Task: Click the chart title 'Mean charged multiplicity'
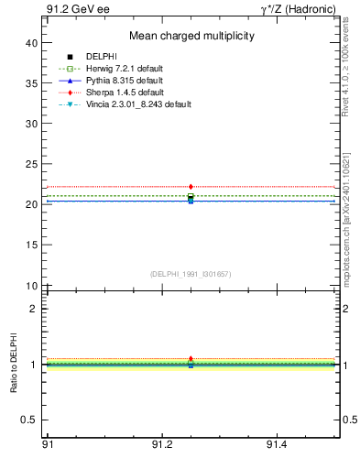pos(191,36)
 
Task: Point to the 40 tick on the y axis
pos(32,43)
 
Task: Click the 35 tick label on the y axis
pos(32,83)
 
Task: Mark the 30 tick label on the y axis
pos(32,124)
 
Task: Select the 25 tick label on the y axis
pos(32,164)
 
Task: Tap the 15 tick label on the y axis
pos(32,245)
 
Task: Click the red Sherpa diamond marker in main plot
pos(191,187)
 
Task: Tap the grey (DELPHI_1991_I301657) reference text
pos(191,274)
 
